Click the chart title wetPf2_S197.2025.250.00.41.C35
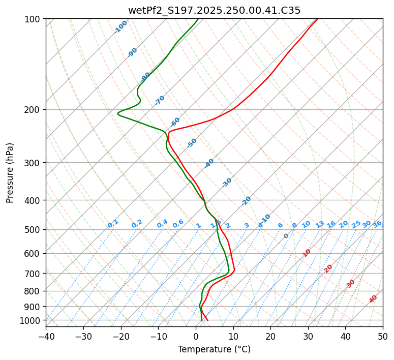(x=214, y=10)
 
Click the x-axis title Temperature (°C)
(x=214, y=350)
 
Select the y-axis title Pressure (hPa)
(x=10, y=173)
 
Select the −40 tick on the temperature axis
(x=46, y=337)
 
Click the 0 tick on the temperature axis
(x=196, y=337)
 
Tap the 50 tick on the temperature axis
(x=383, y=337)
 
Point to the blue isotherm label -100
(x=121, y=26)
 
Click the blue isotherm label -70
(x=160, y=100)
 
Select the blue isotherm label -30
(x=227, y=183)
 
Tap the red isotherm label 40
(x=373, y=299)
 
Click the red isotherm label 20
(x=328, y=268)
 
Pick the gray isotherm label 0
(x=286, y=236)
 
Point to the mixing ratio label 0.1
(x=113, y=224)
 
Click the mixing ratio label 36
(x=377, y=224)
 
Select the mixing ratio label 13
(x=320, y=224)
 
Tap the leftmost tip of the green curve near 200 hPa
(x=117, y=113)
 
